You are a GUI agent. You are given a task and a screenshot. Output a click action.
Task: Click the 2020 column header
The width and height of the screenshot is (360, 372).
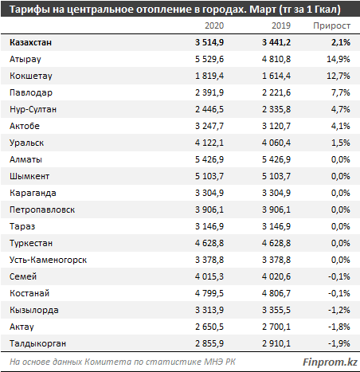tap(214, 25)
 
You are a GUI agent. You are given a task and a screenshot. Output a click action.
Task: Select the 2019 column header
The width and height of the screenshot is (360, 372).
tap(281, 25)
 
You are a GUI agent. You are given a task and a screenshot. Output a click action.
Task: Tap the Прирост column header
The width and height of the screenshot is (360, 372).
tap(332, 25)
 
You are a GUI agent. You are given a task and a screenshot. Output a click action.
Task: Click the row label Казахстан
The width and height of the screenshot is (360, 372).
tap(30, 42)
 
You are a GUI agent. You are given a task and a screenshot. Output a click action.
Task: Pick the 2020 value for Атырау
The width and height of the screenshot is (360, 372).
tap(209, 59)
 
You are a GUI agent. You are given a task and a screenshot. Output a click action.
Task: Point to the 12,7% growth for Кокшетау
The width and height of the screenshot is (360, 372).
tap(338, 76)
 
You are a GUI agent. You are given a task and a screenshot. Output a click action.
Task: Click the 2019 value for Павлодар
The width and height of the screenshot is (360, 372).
tap(276, 92)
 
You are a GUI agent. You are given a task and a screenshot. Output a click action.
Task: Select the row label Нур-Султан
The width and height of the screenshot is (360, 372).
tap(33, 109)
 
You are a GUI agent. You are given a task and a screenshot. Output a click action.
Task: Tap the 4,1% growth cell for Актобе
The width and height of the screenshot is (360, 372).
tap(340, 126)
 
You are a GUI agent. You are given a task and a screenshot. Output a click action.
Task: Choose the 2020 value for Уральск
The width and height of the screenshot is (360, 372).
tap(209, 143)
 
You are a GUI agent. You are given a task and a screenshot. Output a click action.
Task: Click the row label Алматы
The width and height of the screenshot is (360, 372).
tap(25, 159)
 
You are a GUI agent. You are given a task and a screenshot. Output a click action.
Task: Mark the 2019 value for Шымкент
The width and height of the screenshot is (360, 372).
tap(276, 176)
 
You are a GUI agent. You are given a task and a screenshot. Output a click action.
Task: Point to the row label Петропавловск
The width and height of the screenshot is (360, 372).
tap(42, 209)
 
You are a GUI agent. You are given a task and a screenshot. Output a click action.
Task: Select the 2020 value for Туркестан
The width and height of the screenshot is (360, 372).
tap(209, 243)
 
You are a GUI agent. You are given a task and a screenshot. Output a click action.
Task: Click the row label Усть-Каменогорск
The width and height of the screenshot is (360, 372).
tap(48, 260)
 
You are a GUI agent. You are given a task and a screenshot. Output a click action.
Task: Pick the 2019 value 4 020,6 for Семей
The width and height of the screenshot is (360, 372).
tap(276, 276)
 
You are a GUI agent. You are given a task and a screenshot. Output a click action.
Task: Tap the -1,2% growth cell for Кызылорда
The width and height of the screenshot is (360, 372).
tap(339, 310)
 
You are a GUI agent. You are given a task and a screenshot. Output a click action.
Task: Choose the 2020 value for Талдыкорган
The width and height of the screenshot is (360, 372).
tap(209, 343)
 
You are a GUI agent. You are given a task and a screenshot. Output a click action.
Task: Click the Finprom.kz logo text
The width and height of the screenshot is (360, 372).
tap(330, 362)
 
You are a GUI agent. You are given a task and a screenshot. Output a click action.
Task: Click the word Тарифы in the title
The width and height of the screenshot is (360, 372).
tap(29, 10)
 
